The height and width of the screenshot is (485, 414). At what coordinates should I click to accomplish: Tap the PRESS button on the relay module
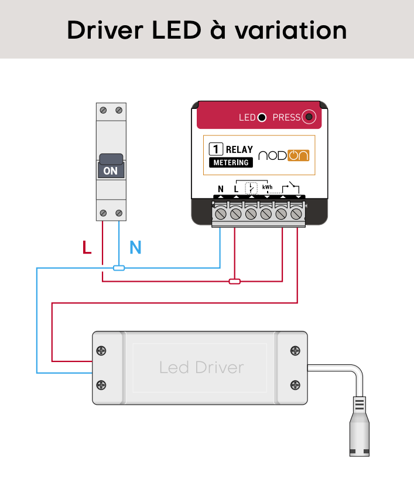pyautogui.click(x=309, y=117)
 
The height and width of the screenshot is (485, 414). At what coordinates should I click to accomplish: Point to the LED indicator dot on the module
pyautogui.click(x=262, y=117)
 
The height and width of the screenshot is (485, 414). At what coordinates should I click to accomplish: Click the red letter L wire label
pyautogui.click(x=87, y=248)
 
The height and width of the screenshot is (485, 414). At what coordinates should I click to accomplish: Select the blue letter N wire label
pyautogui.click(x=135, y=248)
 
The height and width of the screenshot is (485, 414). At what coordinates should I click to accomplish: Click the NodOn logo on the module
pyautogui.click(x=283, y=155)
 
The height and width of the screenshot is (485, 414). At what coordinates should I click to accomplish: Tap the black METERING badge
pyautogui.click(x=230, y=162)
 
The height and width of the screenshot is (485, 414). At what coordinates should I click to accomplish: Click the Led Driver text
pyautogui.click(x=201, y=367)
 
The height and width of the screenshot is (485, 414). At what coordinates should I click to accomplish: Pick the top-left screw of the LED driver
pyautogui.click(x=102, y=350)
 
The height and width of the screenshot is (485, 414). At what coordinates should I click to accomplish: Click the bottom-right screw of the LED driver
pyautogui.click(x=296, y=385)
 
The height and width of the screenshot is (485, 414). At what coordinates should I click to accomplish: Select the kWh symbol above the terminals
pyautogui.click(x=267, y=187)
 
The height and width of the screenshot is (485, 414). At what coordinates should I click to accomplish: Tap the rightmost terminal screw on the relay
pyautogui.click(x=297, y=214)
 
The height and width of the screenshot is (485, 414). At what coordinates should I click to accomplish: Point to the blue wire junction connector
pyautogui.click(x=119, y=268)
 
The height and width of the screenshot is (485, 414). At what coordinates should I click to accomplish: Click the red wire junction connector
pyautogui.click(x=234, y=282)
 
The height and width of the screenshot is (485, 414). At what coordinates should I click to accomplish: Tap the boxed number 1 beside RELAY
pyautogui.click(x=215, y=149)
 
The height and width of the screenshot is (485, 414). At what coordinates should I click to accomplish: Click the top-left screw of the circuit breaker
pyautogui.click(x=103, y=110)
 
